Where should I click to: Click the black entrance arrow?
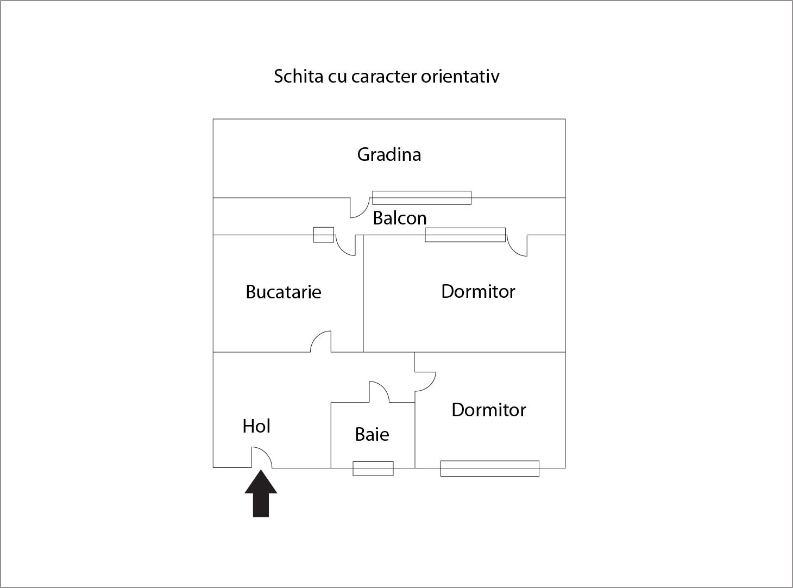coord(261,493)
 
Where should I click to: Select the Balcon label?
coord(400,218)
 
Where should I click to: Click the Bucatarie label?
coord(284,292)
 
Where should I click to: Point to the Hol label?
coord(256,426)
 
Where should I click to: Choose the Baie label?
coord(372,434)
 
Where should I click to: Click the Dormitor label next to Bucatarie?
coord(478,291)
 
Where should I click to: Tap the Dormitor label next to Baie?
coord(489,410)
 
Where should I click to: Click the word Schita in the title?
coord(298,76)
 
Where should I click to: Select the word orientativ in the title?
coord(460,76)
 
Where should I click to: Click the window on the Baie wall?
coord(373,468)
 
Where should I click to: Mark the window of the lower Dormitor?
coord(490,468)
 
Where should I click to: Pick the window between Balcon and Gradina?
coord(422,198)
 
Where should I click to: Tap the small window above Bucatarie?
coord(324,235)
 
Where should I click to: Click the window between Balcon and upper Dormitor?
coord(465,235)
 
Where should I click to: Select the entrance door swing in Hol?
coord(262,458)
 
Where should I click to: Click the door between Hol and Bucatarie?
coord(320,341)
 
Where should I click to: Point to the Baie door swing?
coord(379,392)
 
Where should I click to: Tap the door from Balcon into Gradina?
coord(360,208)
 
